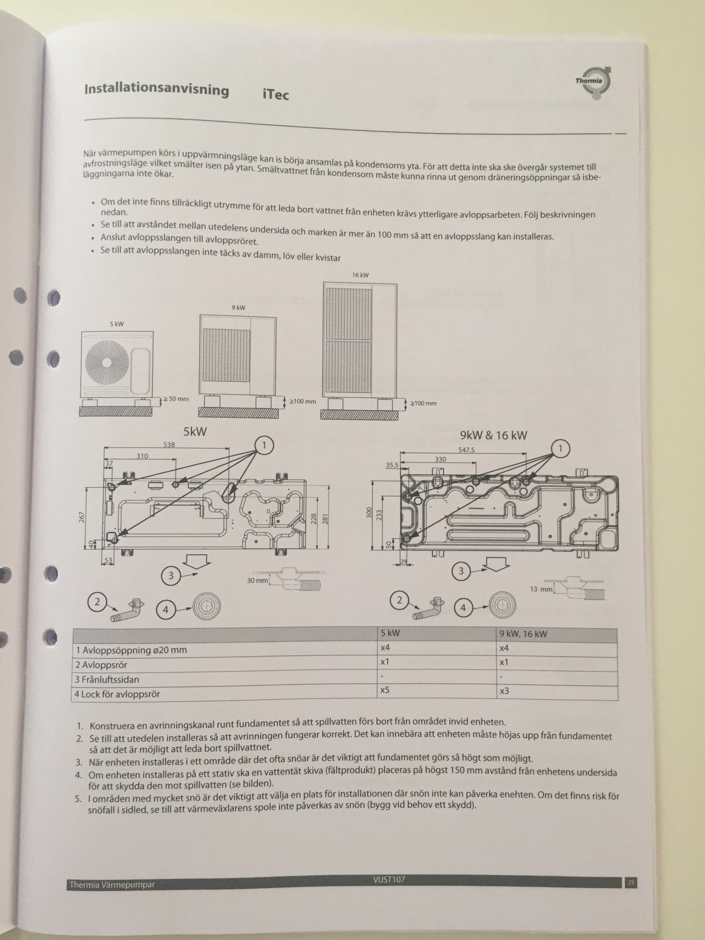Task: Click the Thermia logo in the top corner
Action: pos(593,83)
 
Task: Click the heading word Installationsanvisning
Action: pos(157,89)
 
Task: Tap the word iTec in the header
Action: pos(275,95)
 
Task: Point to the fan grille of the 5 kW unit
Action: pos(106,362)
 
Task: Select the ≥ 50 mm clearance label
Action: pos(176,399)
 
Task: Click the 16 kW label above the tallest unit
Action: pos(360,275)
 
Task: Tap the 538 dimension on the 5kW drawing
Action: pos(169,444)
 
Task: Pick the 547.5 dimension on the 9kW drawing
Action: pos(466,450)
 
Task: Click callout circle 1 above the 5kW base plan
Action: pos(264,445)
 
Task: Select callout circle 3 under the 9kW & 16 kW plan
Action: pos(461,571)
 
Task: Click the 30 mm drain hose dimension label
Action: pos(257,581)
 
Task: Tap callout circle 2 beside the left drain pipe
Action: pos(97,602)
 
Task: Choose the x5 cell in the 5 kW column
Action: pos(385,690)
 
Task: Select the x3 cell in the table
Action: pos(504,691)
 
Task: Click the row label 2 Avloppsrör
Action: pos(104,665)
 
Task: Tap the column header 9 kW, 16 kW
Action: pos(523,634)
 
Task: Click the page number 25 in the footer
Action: pos(631,882)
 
